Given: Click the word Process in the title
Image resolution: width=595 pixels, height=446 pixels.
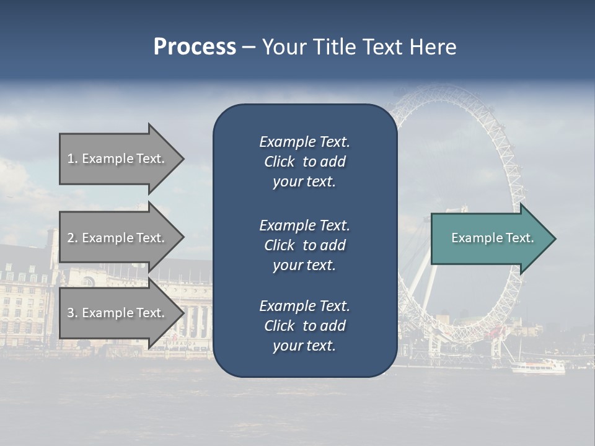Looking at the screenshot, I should (x=195, y=47).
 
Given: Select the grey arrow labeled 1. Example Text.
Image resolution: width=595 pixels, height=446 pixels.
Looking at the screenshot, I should (x=118, y=159).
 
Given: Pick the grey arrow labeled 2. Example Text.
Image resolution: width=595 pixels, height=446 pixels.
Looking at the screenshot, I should (x=118, y=238).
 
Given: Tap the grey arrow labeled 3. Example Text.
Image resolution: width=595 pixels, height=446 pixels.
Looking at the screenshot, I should (x=118, y=313).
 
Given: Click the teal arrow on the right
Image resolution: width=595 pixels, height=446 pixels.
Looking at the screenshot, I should (x=490, y=238).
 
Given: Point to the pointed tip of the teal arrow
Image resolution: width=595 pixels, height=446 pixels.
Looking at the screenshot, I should (x=555, y=238).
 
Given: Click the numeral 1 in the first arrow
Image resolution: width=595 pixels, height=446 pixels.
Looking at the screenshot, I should (x=71, y=159).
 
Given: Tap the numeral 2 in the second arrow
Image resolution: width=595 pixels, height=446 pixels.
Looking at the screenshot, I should (x=71, y=238).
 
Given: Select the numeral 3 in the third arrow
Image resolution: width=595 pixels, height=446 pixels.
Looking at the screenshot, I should (x=71, y=313).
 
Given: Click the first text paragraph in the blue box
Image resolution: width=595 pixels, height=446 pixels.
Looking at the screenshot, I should (x=304, y=162).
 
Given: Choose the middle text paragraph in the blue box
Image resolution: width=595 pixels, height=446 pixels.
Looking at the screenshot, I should (x=304, y=245).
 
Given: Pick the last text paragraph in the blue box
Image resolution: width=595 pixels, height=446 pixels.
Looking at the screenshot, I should (x=304, y=326).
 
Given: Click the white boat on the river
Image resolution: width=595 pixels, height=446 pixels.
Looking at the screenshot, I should (x=537, y=367).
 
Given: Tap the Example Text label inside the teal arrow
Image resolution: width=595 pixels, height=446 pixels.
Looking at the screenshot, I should (x=492, y=238).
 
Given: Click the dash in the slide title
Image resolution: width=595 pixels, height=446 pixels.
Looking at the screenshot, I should (x=249, y=48).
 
